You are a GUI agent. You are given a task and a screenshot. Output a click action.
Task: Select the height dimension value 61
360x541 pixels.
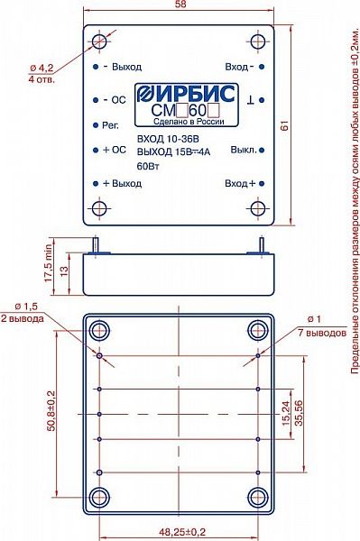tap(285, 125)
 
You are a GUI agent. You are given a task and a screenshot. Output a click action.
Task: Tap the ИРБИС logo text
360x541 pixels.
tap(187, 94)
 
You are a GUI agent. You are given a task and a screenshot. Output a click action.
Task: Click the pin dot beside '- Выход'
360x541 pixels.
tap(96, 66)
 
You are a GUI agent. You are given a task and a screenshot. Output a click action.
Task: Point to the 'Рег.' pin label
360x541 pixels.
tap(110, 125)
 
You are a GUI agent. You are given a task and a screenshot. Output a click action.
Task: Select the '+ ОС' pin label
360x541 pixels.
tap(115, 150)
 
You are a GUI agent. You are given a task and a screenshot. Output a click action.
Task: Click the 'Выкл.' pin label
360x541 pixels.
tap(244, 151)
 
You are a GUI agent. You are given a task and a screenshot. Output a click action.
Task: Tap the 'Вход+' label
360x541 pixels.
tap(240, 183)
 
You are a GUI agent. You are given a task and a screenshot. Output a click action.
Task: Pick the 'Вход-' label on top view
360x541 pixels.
tap(239, 67)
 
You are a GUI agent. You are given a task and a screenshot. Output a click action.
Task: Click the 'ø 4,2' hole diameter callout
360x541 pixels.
tap(42, 69)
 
